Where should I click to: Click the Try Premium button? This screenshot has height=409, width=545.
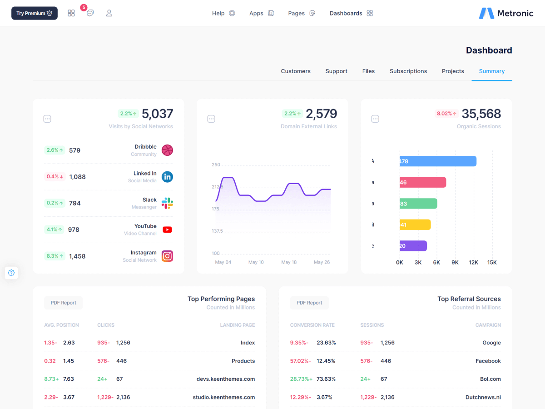(x=35, y=13)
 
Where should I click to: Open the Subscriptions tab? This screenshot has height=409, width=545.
(x=408, y=71)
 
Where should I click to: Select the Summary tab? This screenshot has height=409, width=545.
(x=492, y=71)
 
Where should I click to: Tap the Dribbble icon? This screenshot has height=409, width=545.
(x=168, y=150)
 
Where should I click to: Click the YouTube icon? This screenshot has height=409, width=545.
(x=168, y=229)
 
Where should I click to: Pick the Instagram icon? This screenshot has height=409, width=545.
(x=168, y=256)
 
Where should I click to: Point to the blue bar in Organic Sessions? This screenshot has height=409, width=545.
(x=438, y=161)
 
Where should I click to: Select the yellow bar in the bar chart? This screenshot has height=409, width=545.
(x=415, y=224)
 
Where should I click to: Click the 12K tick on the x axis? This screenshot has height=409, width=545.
(x=474, y=263)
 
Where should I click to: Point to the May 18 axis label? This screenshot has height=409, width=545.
(x=289, y=262)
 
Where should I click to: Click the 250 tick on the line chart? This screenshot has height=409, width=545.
(x=216, y=165)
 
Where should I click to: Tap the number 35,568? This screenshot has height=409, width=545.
(x=481, y=114)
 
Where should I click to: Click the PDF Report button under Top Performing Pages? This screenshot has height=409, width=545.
(x=64, y=303)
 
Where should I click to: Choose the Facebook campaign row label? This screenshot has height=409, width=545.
(x=488, y=361)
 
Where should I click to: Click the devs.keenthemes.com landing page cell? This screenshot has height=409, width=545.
(x=226, y=379)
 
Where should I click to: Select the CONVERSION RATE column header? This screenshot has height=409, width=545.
(x=312, y=325)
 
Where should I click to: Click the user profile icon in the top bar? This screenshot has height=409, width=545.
(x=109, y=13)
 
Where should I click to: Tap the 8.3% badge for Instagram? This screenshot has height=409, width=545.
(x=54, y=256)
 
